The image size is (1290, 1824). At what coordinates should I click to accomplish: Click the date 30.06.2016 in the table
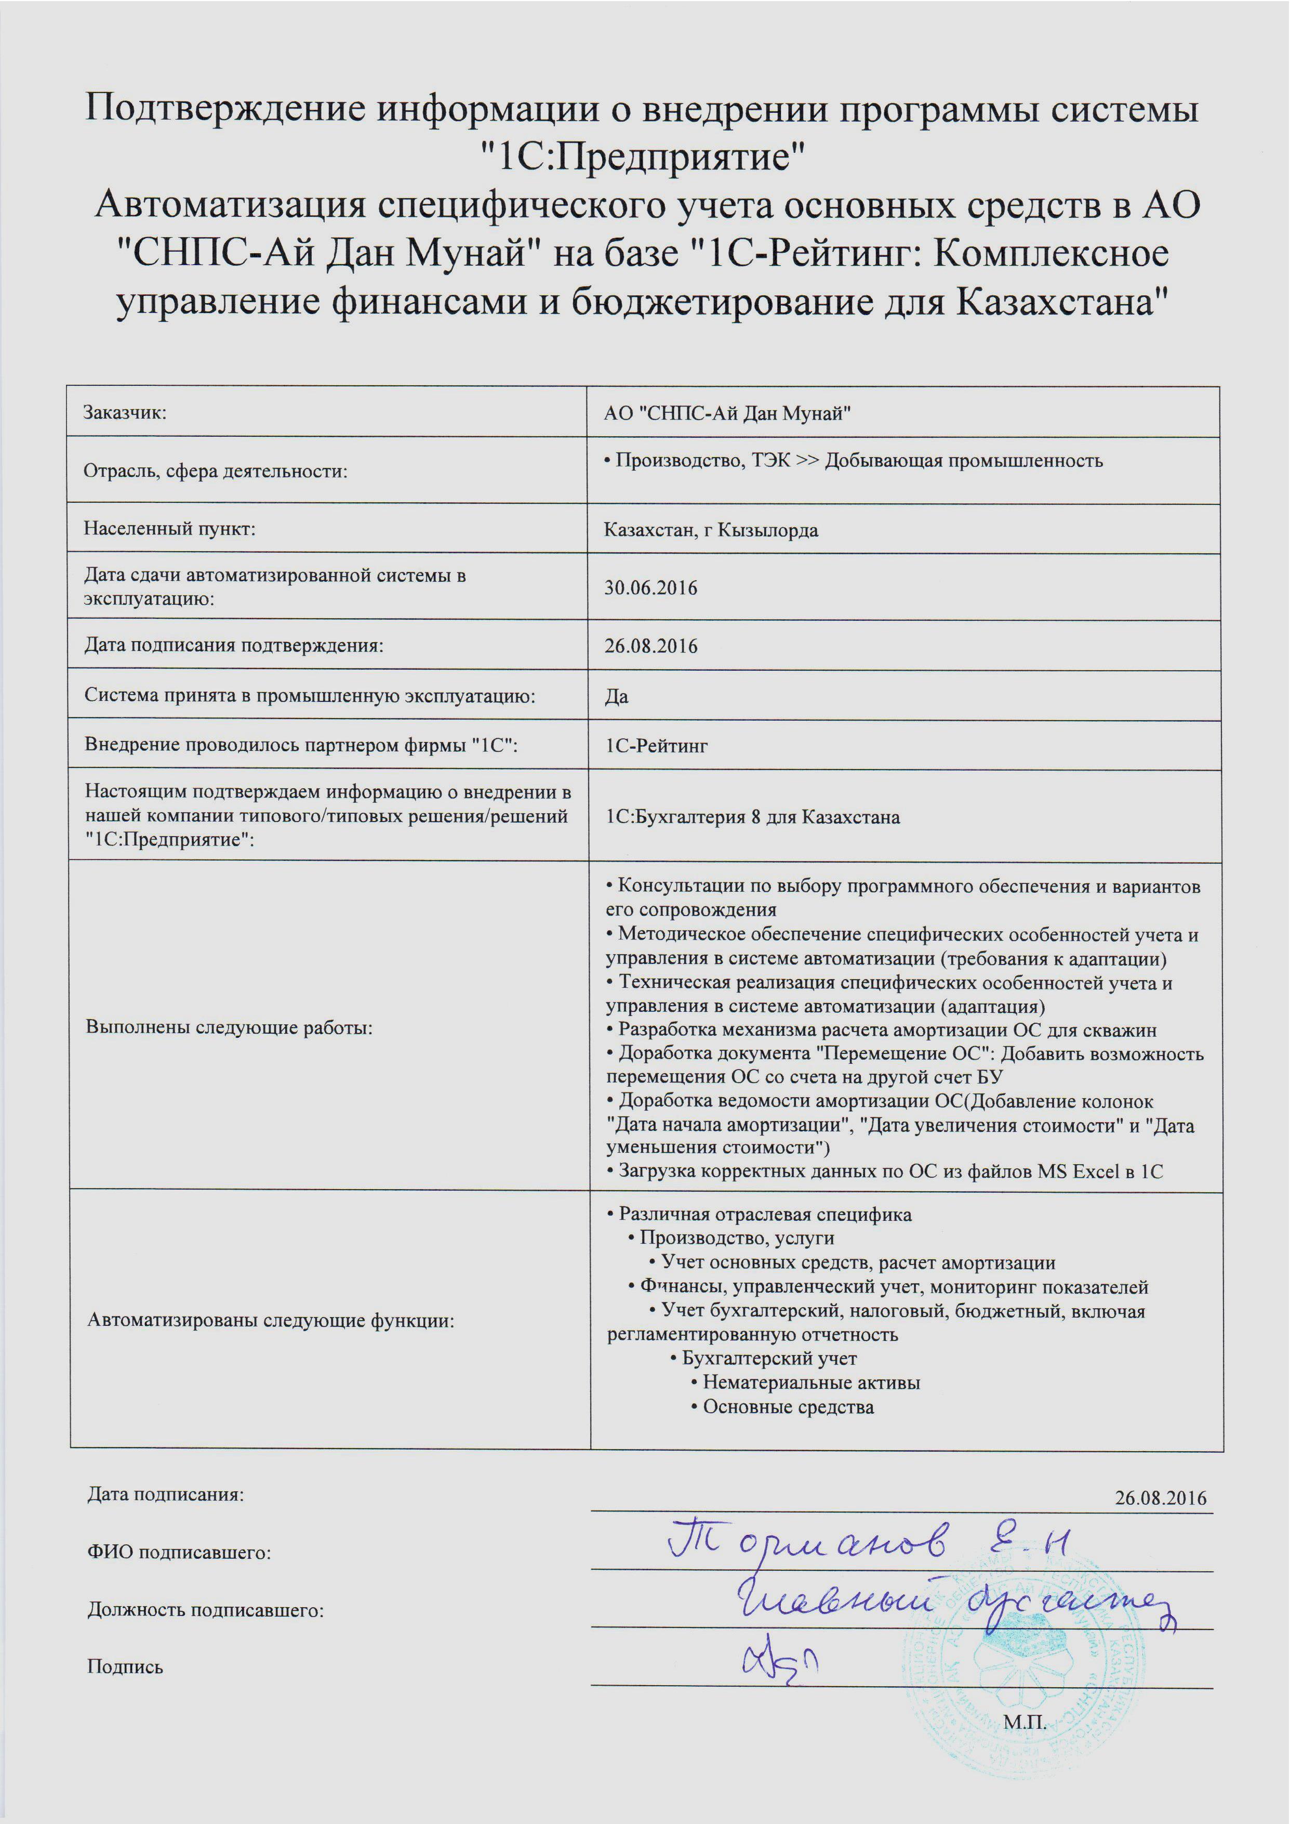coord(650,588)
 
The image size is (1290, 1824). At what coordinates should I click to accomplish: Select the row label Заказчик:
coord(125,412)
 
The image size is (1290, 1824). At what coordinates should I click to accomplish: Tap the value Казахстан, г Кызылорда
coord(711,530)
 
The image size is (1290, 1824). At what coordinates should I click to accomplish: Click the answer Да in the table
coord(616,696)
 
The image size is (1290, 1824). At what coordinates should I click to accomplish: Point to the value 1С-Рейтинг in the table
coord(656,746)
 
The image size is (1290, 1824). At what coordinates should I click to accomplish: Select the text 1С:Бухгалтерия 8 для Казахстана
coord(752,817)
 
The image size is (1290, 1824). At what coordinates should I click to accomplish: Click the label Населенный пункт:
coord(170,528)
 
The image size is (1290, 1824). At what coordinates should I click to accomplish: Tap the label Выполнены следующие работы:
coord(229,1027)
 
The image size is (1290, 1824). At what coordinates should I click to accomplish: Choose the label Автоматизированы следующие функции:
coord(270,1321)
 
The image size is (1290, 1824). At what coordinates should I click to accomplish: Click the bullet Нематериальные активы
coord(811,1382)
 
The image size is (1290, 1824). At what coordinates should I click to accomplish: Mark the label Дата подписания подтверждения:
coord(234,645)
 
